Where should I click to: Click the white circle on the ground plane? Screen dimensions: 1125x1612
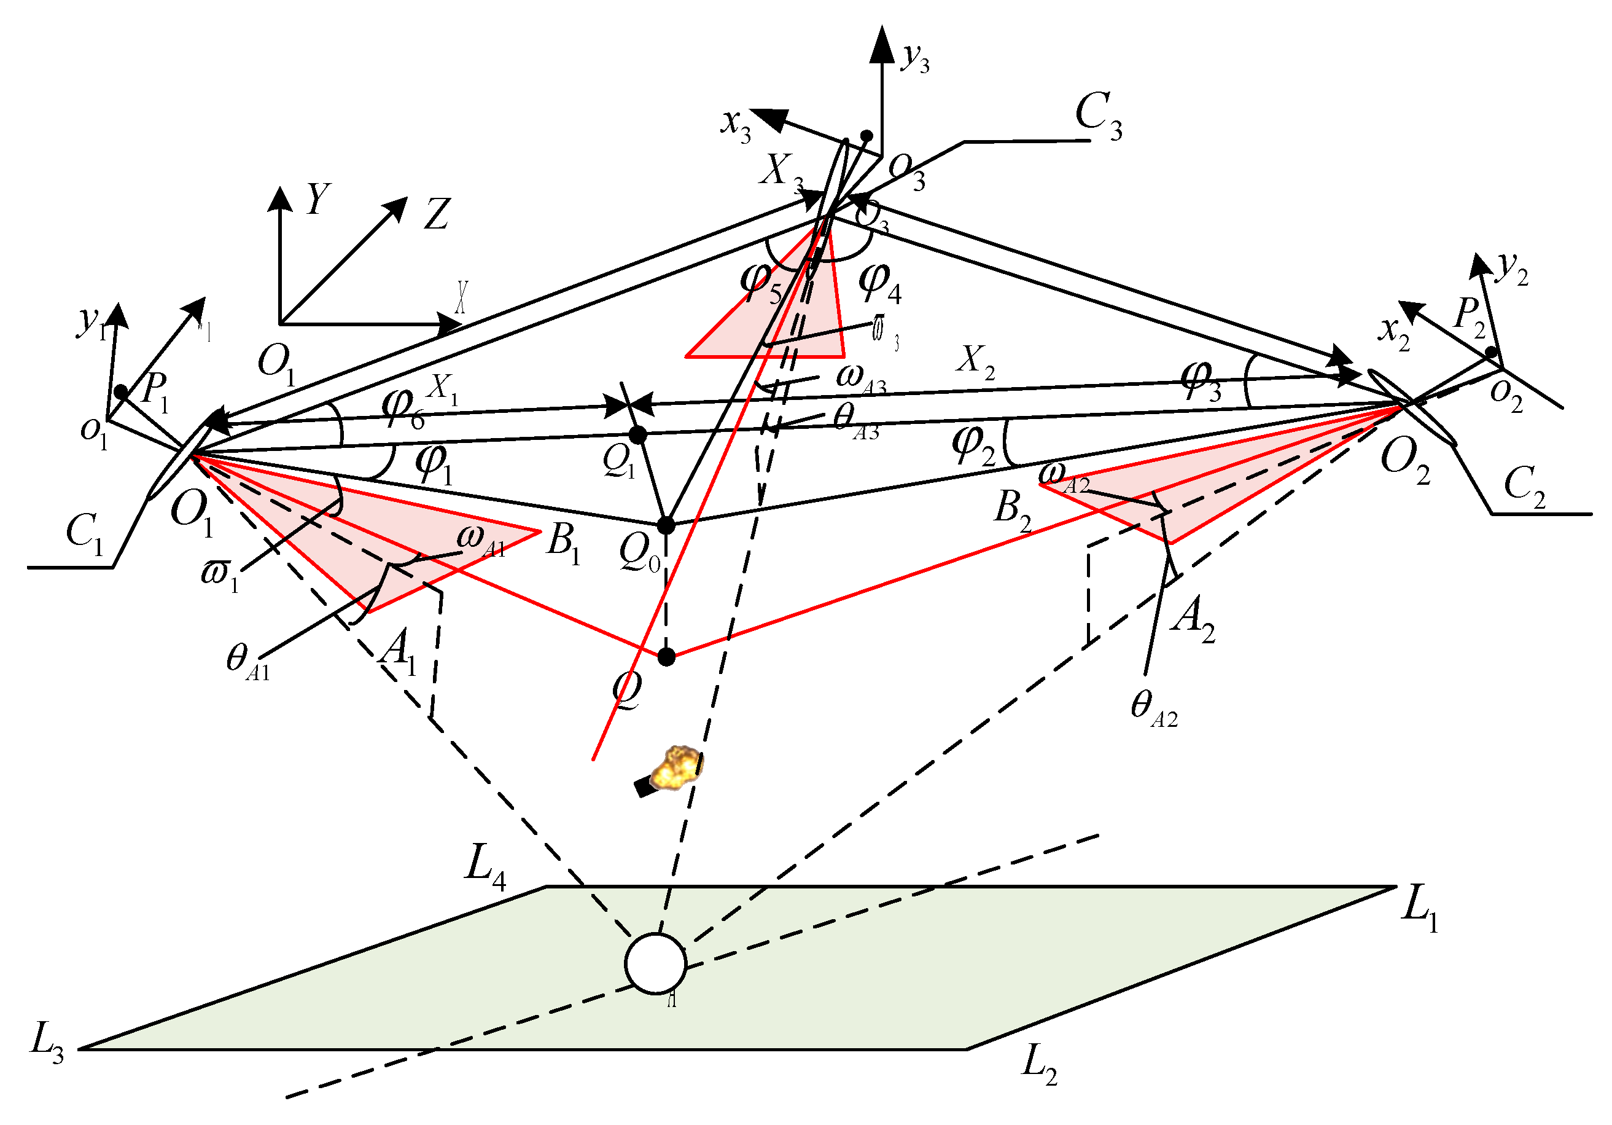pyautogui.click(x=655, y=963)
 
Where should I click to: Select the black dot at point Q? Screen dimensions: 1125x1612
pyautogui.click(x=666, y=657)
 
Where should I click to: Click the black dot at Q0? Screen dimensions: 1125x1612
pyautogui.click(x=666, y=525)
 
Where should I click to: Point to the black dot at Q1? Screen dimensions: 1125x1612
pyautogui.click(x=637, y=436)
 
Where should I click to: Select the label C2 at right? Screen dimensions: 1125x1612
pyautogui.click(x=1524, y=485)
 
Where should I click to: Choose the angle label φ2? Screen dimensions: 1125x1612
pyautogui.click(x=973, y=447)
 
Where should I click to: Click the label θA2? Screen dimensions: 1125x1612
pyautogui.click(x=1153, y=707)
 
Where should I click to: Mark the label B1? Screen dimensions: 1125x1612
pyautogui.click(x=564, y=543)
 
